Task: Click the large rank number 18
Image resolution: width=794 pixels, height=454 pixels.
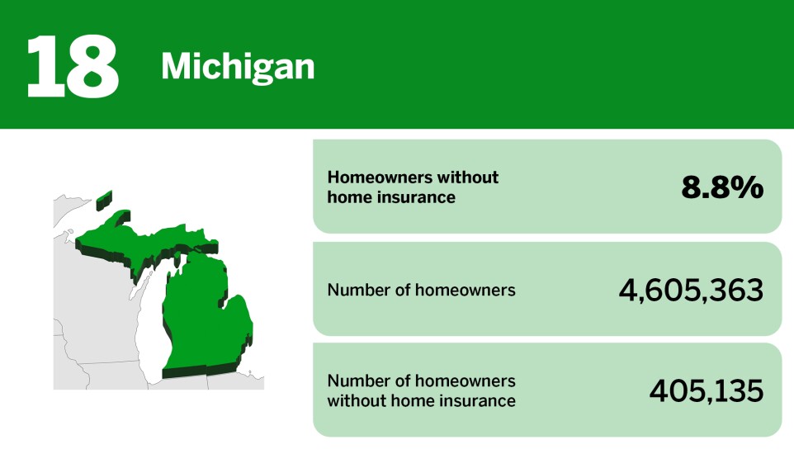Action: coord(73,65)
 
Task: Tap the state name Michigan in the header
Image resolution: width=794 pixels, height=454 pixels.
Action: coord(238,66)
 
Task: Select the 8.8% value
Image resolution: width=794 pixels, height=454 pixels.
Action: coord(722,187)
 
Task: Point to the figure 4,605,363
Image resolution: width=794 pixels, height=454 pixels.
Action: coord(691,290)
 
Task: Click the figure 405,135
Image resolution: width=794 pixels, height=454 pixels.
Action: coord(706,390)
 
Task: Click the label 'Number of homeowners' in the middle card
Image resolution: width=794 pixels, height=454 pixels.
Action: coord(421,290)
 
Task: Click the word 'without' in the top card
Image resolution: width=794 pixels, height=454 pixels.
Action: coord(468,177)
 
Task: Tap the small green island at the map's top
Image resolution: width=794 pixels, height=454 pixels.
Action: coord(104,199)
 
